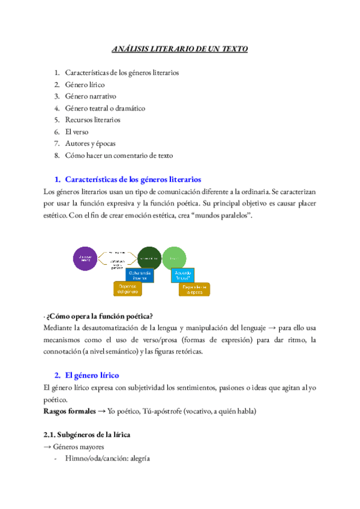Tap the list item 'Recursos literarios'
click(92, 120)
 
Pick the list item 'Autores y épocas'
click(91, 143)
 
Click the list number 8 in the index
click(56, 155)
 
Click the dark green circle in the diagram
click(149, 258)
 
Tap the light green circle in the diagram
click(173, 258)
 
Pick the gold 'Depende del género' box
click(127, 289)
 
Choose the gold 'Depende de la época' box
click(194, 290)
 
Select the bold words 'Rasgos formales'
click(69, 411)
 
